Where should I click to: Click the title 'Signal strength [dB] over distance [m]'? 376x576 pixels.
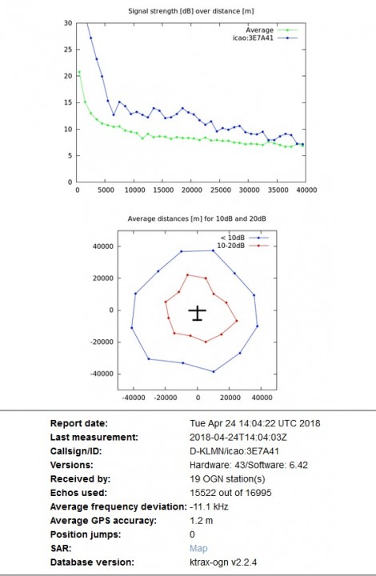[x=191, y=11]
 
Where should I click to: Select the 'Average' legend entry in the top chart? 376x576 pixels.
[x=271, y=30]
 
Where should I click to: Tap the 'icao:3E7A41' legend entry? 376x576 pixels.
[x=265, y=38]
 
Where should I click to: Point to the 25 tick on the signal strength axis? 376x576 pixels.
[x=68, y=50]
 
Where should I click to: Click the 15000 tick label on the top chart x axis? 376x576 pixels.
[x=163, y=190]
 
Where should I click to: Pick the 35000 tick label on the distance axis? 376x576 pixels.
[x=278, y=190]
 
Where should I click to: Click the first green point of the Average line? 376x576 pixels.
[x=79, y=72]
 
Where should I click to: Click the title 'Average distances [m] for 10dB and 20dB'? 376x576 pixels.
[x=197, y=218]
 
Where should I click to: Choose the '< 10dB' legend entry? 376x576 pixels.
[x=244, y=238]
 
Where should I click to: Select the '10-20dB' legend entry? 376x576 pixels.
[x=242, y=246]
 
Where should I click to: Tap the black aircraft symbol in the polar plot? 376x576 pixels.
[x=198, y=313]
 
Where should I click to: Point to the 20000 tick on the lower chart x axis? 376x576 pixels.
[x=230, y=398]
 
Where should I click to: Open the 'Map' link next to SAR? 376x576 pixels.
[x=198, y=549]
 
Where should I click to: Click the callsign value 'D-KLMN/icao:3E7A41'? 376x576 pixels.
[x=234, y=451]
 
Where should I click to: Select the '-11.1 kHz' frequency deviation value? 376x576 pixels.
[x=209, y=507]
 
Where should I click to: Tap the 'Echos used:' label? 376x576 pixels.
[x=78, y=493]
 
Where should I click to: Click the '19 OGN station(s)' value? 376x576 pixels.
[x=227, y=479]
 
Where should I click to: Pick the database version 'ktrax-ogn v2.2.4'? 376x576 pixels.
[x=223, y=562]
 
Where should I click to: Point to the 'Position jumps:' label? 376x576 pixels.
[x=86, y=534]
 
